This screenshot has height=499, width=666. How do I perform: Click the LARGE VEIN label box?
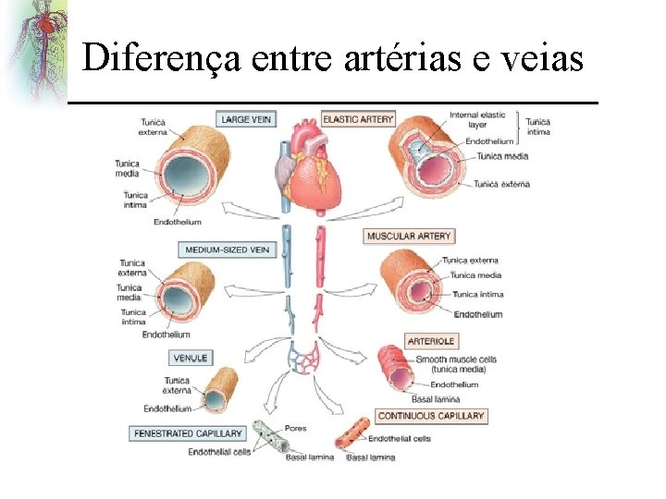point(246,119)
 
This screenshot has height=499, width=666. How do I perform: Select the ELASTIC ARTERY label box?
point(358,119)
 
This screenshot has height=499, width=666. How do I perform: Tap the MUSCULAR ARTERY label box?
point(409,237)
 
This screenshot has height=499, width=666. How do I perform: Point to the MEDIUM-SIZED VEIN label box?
point(228,249)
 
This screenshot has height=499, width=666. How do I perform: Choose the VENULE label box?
point(191,358)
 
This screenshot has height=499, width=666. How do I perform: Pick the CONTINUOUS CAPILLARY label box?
point(430,416)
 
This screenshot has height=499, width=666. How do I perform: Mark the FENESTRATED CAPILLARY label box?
point(188,432)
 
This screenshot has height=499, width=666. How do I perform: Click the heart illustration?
point(310,170)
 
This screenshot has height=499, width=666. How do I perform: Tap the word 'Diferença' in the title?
point(163,59)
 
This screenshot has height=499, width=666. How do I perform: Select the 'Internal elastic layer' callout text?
point(477,120)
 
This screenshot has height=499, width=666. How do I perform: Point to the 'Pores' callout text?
point(296,429)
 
